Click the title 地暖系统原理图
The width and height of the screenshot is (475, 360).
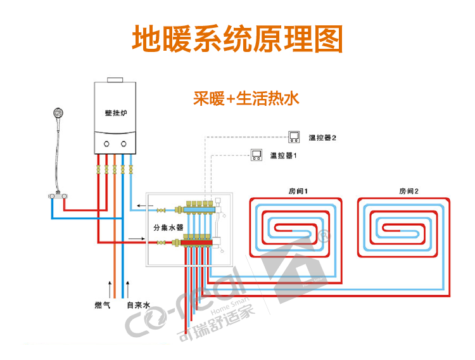coord(237,39)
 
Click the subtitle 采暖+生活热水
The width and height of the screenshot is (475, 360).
coord(246,98)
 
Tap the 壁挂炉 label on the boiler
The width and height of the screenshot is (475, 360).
coord(116,113)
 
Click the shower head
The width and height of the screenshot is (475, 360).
coord(58,113)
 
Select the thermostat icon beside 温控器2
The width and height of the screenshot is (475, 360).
coord(293,137)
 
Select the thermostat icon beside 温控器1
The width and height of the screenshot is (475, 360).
coord(256,155)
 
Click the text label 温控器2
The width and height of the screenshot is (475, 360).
coord(322,138)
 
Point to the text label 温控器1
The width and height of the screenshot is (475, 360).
coord(284,155)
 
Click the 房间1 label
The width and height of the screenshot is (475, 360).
coord(298,191)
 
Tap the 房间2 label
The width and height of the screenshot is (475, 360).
coord(408,191)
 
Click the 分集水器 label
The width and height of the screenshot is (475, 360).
coord(168,228)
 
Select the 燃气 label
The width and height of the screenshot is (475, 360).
coord(103,305)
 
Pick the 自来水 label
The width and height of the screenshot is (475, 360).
coord(139,305)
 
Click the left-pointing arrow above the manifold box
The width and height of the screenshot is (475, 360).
coord(145,205)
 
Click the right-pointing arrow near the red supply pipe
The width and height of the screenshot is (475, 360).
coord(137,239)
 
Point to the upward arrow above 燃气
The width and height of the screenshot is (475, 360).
coord(110,290)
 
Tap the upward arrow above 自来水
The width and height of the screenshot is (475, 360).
coord(128,290)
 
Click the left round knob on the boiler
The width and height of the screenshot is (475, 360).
coord(106,144)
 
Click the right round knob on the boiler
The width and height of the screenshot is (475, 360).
coord(123,144)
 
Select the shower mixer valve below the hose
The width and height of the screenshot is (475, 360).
coord(58,196)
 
